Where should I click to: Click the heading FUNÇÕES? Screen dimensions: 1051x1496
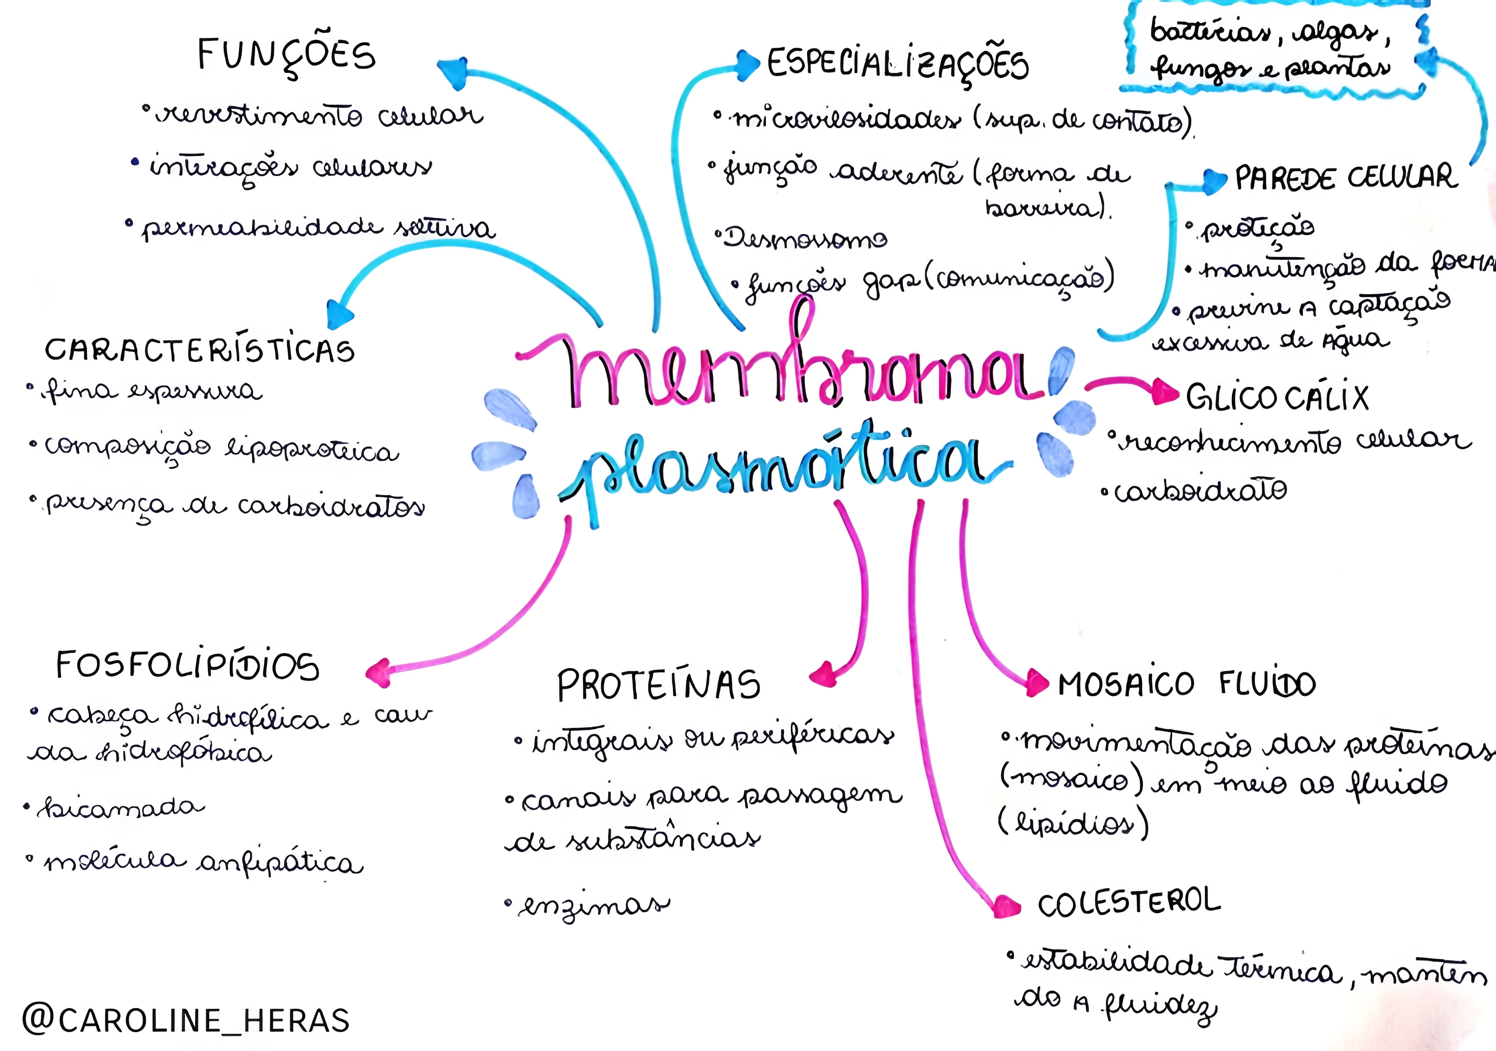pyautogui.click(x=287, y=55)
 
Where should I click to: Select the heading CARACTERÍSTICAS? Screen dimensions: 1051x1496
pyautogui.click(x=199, y=350)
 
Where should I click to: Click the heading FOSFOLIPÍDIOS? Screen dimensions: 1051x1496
pyautogui.click(x=188, y=666)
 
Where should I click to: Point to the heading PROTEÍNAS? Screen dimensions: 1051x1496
pyautogui.click(x=658, y=686)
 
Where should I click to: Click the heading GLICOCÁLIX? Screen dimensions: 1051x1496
pyautogui.click(x=1277, y=397)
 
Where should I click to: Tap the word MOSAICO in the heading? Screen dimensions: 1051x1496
pyautogui.click(x=1125, y=685)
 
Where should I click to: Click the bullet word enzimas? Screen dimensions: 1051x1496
pyautogui.click(x=593, y=906)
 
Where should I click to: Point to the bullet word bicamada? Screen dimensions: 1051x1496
pyautogui.click(x=120, y=808)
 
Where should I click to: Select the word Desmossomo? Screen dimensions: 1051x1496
pyautogui.click(x=805, y=238)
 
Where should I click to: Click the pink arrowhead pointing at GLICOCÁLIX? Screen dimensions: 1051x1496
pyautogui.click(x=1165, y=392)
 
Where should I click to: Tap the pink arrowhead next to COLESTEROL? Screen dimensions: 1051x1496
pyautogui.click(x=1005, y=906)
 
